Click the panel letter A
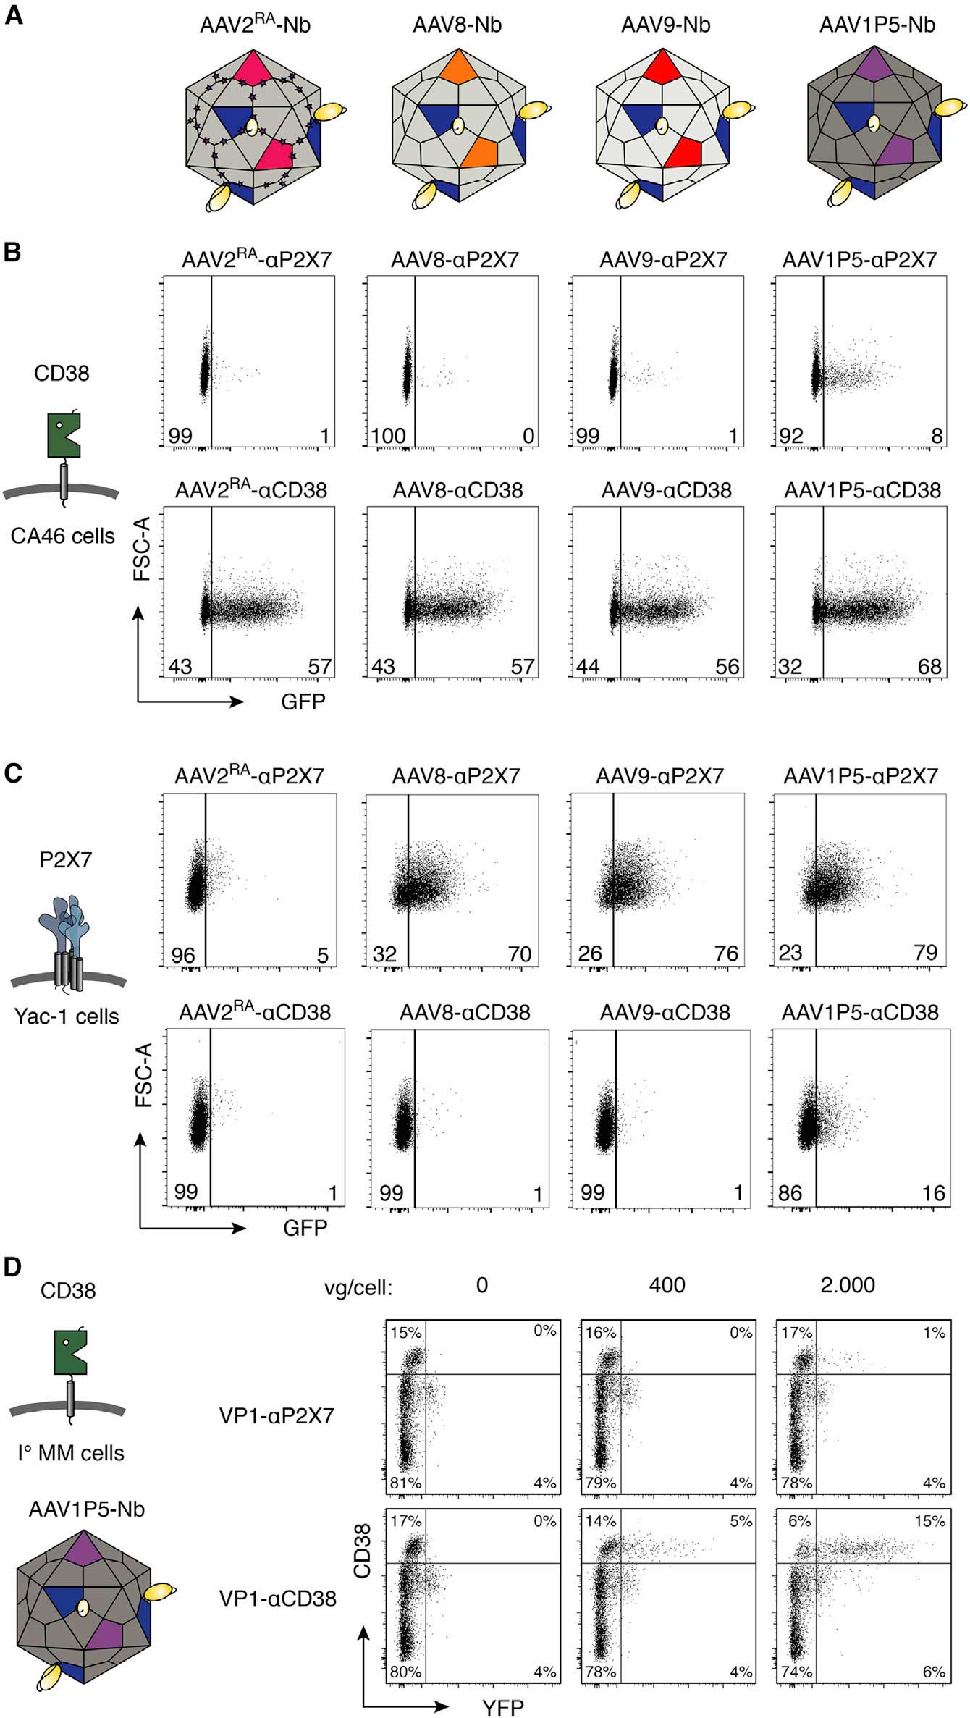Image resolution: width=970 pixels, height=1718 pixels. [14, 15]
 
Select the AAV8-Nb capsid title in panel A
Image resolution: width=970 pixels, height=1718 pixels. [457, 25]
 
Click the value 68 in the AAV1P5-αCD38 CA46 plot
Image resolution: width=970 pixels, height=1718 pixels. [929, 666]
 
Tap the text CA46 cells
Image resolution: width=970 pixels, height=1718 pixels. [63, 536]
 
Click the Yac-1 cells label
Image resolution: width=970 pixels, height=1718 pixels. [67, 1016]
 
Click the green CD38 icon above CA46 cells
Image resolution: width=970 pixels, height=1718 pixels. [63, 435]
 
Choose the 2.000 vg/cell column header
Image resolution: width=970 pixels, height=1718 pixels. [848, 1285]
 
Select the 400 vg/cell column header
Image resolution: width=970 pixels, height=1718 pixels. [667, 1285]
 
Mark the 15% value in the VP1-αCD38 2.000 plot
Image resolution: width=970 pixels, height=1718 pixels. [934, 1522]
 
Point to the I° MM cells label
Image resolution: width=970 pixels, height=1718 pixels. [71, 1452]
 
